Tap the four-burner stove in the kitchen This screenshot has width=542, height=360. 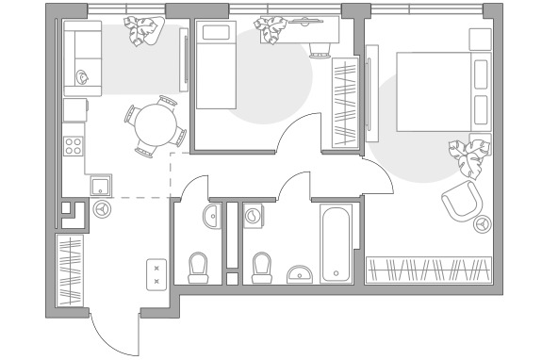point(73,146)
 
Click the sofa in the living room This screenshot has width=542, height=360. point(81,59)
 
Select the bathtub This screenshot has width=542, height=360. point(337,244)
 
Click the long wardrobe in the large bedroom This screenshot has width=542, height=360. point(429,270)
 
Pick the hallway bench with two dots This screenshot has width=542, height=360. point(156,272)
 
